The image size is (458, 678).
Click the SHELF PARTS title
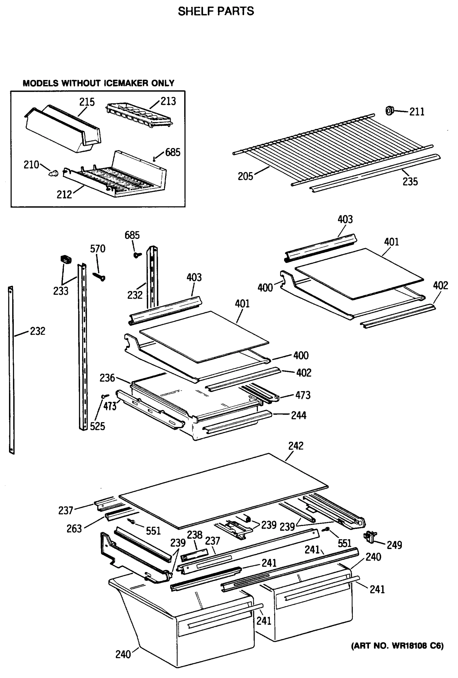pyautogui.click(x=216, y=11)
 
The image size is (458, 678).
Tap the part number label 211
pyautogui.click(x=416, y=112)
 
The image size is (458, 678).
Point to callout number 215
pyautogui.click(x=87, y=102)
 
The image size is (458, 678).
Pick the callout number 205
pyautogui.click(x=245, y=177)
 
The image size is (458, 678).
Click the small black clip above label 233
pyautogui.click(x=66, y=259)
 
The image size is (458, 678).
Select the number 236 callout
pyautogui.click(x=107, y=378)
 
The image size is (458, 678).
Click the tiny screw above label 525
pyautogui.click(x=105, y=396)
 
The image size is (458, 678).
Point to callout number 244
pyautogui.click(x=299, y=416)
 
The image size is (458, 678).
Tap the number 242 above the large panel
pyautogui.click(x=296, y=446)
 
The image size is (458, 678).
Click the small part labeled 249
pyautogui.click(x=370, y=537)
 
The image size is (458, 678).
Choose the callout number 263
pyautogui.click(x=74, y=529)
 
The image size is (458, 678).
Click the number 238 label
pyautogui.click(x=195, y=535)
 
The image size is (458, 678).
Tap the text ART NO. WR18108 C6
pyautogui.click(x=397, y=646)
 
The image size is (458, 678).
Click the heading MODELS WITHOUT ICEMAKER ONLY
pyautogui.click(x=98, y=83)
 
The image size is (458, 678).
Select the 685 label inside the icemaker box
pyautogui.click(x=172, y=152)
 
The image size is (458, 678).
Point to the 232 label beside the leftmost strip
pyautogui.click(x=38, y=331)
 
